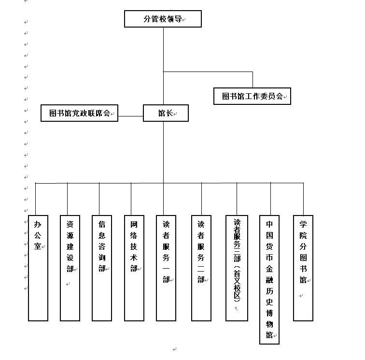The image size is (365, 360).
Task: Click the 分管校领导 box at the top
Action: [163, 19]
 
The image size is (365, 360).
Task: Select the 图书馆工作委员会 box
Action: [253, 96]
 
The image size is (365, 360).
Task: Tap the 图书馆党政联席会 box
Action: [79, 113]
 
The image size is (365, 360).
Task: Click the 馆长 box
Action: [166, 113]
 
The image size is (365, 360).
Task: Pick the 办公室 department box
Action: [38, 268]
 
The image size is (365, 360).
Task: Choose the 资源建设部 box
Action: [70, 268]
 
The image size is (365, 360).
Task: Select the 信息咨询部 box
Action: [102, 268]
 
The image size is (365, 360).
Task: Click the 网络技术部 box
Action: [134, 268]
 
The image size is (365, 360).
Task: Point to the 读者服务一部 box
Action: [166, 268]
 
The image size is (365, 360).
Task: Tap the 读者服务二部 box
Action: [201, 268]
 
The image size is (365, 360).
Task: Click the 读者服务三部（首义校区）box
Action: [237, 268]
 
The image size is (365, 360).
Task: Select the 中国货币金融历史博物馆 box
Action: [269, 279]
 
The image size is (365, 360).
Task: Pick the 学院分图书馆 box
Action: [303, 268]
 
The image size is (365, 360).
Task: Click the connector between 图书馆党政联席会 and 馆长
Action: [130, 116]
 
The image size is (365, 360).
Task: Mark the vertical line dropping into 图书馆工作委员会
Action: [253, 80]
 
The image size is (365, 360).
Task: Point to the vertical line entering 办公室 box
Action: [36, 199]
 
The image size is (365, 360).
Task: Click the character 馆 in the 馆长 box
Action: [162, 114]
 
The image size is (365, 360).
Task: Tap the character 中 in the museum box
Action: [269, 224]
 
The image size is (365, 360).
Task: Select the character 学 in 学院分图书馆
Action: [303, 224]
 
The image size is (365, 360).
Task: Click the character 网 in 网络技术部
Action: [134, 224]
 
